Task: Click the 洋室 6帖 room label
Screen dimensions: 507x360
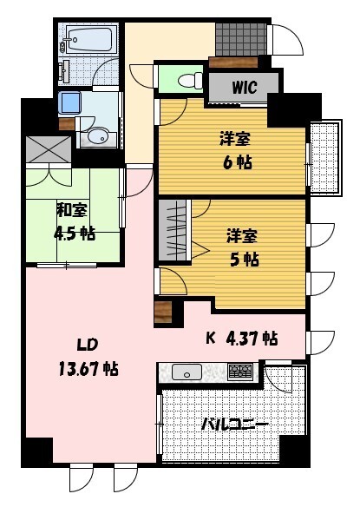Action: tap(232, 150)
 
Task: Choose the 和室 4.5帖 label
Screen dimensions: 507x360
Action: tap(75, 221)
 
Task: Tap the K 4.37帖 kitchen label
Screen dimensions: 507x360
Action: tap(241, 339)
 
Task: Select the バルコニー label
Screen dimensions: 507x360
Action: tap(234, 425)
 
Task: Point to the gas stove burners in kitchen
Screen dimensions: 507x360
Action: tap(240, 372)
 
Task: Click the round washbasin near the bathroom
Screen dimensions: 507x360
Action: tap(96, 136)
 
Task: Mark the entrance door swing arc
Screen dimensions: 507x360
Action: tap(284, 42)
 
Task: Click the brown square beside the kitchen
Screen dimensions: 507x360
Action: tap(162, 312)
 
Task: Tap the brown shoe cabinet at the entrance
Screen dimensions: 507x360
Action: tap(232, 63)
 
